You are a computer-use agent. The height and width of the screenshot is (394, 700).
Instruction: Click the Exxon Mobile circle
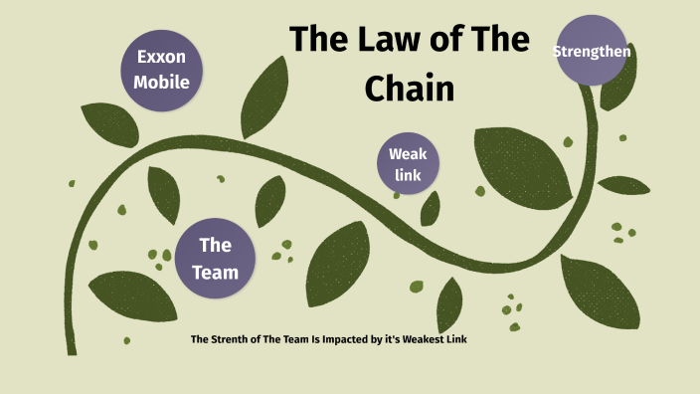pos(162,70)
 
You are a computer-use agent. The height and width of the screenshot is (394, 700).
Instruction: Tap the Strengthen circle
pos(593,50)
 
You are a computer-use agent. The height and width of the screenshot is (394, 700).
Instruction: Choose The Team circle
pos(215,257)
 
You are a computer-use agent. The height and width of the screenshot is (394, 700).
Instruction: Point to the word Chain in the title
pos(409,88)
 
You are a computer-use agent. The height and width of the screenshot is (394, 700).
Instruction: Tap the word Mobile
pos(162,82)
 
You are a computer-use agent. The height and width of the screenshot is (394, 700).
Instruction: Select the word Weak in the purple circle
pos(407,154)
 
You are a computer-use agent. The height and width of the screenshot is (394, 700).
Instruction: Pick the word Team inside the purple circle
pos(215,270)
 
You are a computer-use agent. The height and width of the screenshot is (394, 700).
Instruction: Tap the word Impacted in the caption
pos(333,340)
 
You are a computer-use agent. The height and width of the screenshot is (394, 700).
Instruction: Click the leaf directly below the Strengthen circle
pos(618,95)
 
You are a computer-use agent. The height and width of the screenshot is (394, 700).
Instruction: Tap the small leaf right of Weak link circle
pos(431,208)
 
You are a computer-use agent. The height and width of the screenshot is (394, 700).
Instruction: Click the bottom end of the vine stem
pos(71,348)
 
